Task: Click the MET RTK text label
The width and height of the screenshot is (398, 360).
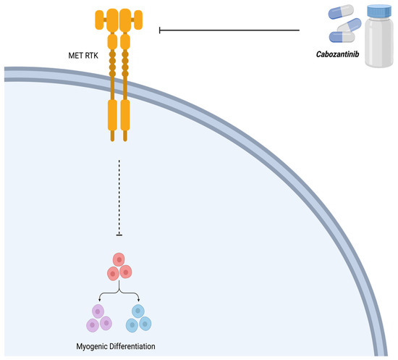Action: tap(75, 53)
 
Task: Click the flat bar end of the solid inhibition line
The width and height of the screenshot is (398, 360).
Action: tap(160, 30)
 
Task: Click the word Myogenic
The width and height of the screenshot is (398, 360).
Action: tap(95, 346)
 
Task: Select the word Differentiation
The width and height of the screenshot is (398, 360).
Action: tap(138, 346)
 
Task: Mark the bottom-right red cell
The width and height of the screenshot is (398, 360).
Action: tap(127, 272)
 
